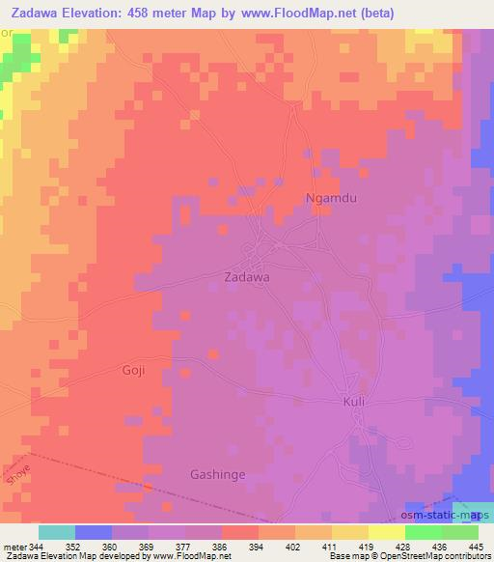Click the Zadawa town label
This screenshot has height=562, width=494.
tap(246, 276)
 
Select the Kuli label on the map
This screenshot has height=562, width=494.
tap(355, 401)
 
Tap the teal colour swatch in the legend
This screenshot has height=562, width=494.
tap(57, 532)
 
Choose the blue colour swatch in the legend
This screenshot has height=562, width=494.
tap(94, 532)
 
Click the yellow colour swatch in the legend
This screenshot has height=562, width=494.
tap(387, 532)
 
